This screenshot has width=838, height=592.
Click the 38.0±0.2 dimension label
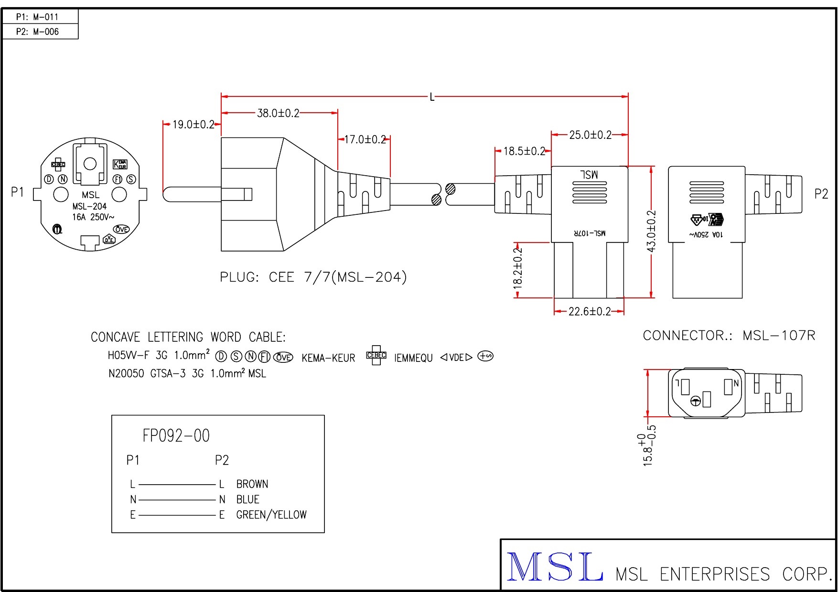(278, 113)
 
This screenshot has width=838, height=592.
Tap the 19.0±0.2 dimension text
(193, 125)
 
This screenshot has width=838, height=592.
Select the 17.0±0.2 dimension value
(365, 139)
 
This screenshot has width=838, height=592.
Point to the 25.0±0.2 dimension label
(590, 135)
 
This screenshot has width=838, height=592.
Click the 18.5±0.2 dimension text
(524, 151)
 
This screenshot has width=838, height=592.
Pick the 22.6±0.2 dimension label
(590, 312)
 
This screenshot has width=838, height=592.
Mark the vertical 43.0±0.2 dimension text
(651, 231)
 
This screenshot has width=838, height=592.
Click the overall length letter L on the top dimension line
(432, 97)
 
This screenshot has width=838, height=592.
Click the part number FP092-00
(176, 436)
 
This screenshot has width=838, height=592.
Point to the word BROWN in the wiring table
(252, 484)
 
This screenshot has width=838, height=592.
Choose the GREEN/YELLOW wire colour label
(271, 515)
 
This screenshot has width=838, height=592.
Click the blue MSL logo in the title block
(554, 567)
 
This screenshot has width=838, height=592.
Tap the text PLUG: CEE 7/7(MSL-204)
(313, 277)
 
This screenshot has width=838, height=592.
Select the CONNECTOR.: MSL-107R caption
(729, 336)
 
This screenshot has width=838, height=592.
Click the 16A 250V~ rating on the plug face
(93, 217)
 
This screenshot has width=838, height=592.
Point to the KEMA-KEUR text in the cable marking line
(328, 358)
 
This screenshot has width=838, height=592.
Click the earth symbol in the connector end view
(696, 401)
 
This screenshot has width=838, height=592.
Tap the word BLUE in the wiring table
(247, 499)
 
